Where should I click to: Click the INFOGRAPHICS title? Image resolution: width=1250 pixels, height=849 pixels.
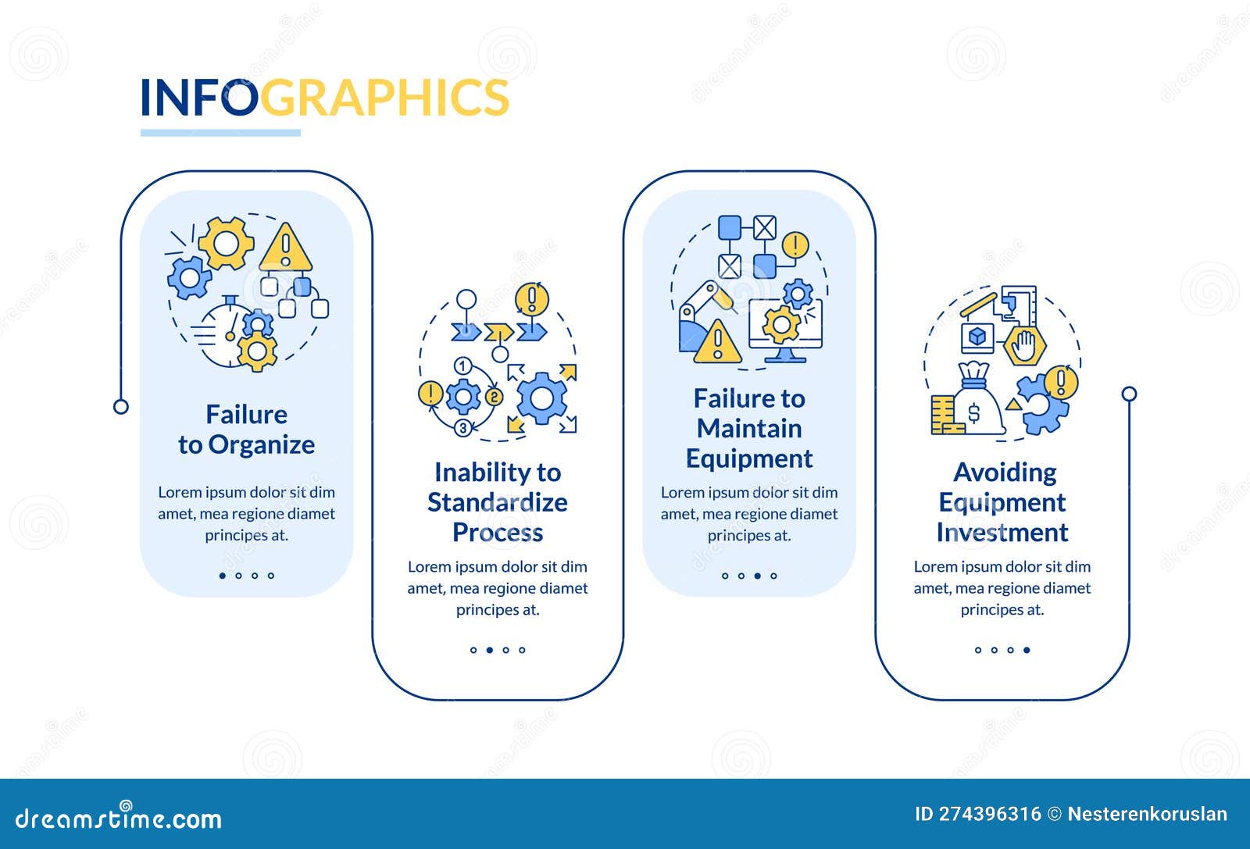click(x=324, y=98)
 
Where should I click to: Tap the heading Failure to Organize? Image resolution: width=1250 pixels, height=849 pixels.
click(x=246, y=430)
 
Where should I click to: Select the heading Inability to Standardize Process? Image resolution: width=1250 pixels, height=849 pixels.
click(x=498, y=502)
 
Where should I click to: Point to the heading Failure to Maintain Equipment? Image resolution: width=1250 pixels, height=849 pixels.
click(x=749, y=429)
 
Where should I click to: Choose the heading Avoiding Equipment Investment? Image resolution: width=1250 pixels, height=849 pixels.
click(x=1002, y=502)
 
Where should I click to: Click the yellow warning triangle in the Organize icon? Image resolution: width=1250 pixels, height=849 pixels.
click(x=286, y=248)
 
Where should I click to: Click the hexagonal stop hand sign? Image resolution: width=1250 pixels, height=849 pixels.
click(x=1024, y=344)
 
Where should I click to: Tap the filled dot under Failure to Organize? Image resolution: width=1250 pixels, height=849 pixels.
click(x=223, y=576)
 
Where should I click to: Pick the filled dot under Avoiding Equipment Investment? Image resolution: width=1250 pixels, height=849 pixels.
click(x=1027, y=650)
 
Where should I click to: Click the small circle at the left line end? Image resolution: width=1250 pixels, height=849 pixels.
click(x=121, y=406)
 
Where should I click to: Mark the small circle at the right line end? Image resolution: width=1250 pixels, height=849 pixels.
click(x=1129, y=394)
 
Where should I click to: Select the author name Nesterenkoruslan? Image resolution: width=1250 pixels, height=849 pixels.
click(x=1147, y=814)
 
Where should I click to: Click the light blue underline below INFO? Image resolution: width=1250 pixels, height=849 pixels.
click(x=220, y=133)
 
